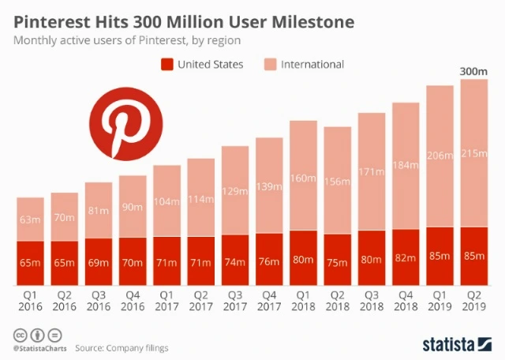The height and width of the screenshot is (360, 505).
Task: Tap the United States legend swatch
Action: pyautogui.click(x=167, y=64)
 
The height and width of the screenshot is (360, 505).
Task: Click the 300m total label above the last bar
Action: pyautogui.click(x=473, y=72)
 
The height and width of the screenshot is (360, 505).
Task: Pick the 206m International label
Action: pyautogui.click(x=439, y=156)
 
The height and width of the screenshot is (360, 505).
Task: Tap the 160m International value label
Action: pyautogui.click(x=303, y=178)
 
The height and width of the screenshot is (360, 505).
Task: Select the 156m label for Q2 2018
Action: pyautogui.click(x=337, y=182)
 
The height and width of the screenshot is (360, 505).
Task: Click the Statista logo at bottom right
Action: pyautogui.click(x=458, y=344)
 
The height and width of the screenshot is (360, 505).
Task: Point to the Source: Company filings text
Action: pyautogui.click(x=122, y=347)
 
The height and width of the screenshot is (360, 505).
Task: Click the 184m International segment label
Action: pyautogui.click(x=405, y=165)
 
